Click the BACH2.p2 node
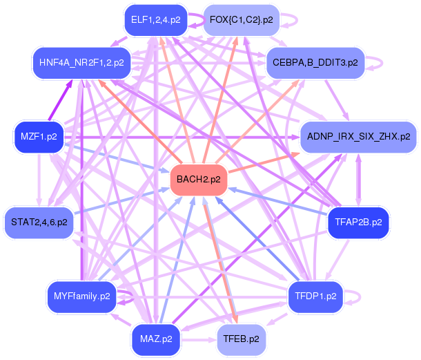(x=199, y=179)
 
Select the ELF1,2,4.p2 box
(x=155, y=20)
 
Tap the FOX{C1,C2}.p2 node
(x=241, y=20)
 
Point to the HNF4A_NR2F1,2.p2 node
(x=81, y=62)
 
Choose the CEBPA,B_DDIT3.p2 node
(x=315, y=62)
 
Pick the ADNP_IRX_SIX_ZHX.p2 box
(x=358, y=136)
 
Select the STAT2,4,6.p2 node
(x=39, y=222)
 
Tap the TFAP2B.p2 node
(x=358, y=222)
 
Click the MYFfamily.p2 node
(x=81, y=296)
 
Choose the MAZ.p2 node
(x=155, y=339)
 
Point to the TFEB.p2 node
(x=241, y=339)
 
